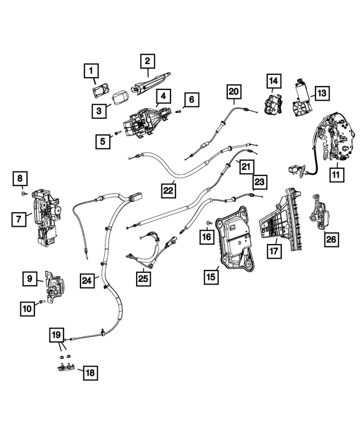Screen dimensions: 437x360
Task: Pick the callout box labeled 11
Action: [337, 174]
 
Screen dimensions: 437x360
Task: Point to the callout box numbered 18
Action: [90, 372]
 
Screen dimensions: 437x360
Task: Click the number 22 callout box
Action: [168, 190]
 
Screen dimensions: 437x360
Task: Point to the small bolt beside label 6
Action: [179, 111]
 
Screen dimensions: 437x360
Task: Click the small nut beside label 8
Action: [24, 193]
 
